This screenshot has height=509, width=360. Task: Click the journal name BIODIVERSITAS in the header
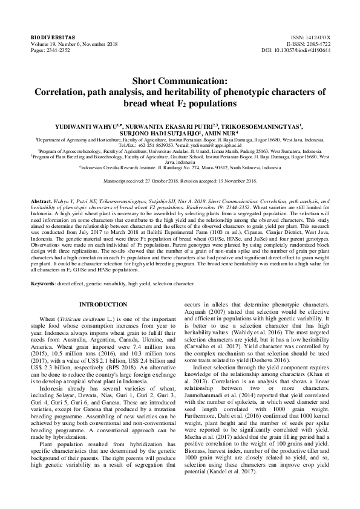tap(50, 37)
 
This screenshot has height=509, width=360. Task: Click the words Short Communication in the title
tap(180, 80)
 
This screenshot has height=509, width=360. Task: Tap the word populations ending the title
tap(212, 103)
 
